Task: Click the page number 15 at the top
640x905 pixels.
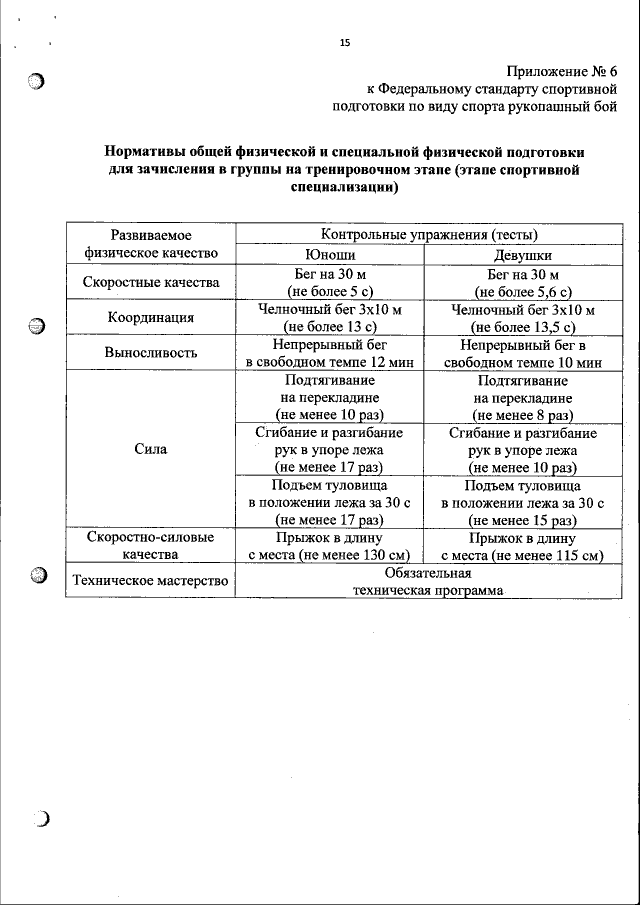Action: point(345,42)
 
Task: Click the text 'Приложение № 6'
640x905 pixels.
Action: point(563,70)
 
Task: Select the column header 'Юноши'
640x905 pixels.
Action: point(330,254)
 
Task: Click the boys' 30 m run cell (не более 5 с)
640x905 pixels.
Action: point(330,283)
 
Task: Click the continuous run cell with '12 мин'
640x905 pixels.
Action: point(330,353)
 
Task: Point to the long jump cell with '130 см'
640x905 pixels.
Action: point(330,546)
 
